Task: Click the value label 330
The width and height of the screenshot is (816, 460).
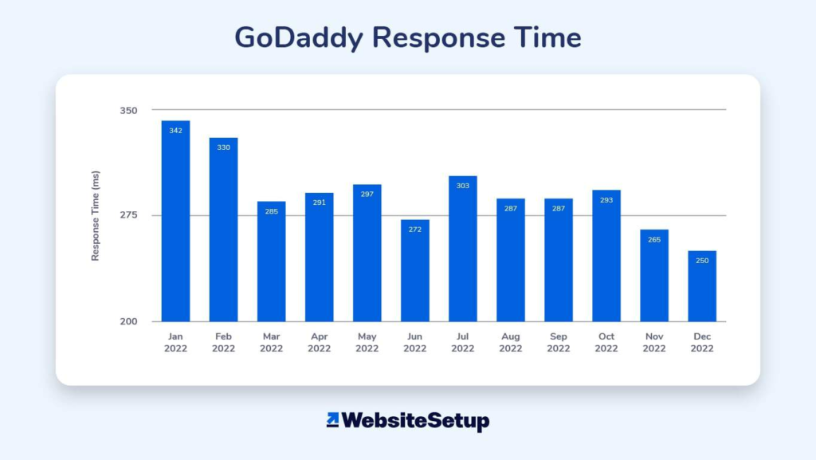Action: click(x=223, y=147)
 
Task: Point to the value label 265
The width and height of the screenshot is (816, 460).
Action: click(x=654, y=240)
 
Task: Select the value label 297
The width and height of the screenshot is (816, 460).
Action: click(x=367, y=195)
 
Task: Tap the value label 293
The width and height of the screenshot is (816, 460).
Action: click(x=606, y=200)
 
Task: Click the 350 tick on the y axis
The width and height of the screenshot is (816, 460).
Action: click(x=128, y=110)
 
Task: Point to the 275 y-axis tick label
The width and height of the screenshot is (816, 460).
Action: click(x=128, y=215)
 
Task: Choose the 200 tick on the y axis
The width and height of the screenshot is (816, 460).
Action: click(x=128, y=321)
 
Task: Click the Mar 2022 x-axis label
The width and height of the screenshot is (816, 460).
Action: click(x=271, y=343)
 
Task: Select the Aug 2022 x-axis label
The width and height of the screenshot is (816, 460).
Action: click(x=510, y=343)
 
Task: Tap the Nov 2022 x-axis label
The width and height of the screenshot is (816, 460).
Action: click(x=654, y=343)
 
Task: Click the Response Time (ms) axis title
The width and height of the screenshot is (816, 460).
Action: click(x=96, y=215)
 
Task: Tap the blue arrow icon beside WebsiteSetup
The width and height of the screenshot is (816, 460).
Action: click(x=333, y=419)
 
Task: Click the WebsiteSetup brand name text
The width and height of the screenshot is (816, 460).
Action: click(x=416, y=420)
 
